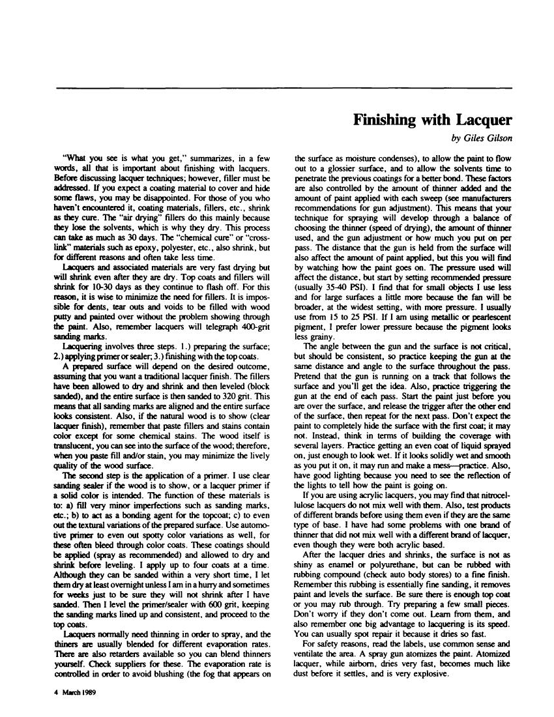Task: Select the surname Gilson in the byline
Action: (497, 139)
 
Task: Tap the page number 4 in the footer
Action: (56, 694)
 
